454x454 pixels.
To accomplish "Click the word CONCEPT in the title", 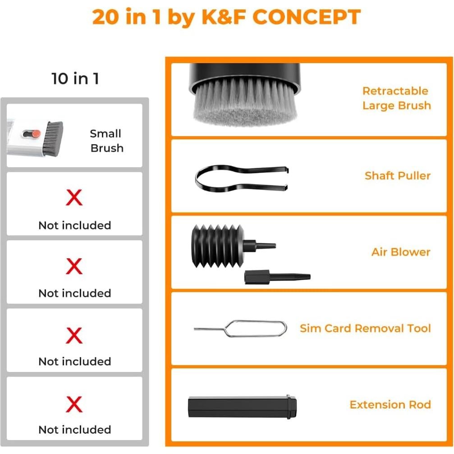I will [x=306, y=17].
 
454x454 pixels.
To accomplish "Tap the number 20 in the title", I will [x=107, y=17].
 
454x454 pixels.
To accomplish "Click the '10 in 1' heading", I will [x=75, y=78].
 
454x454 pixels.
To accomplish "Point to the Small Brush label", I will [x=106, y=141].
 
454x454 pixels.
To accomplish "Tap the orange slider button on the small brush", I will [x=36, y=134].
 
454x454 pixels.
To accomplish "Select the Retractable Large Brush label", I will [x=396, y=98].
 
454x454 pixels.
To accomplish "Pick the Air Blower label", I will [x=400, y=252].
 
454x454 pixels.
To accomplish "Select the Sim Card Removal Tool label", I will [x=365, y=328].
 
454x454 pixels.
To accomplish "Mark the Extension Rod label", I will [x=390, y=404].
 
